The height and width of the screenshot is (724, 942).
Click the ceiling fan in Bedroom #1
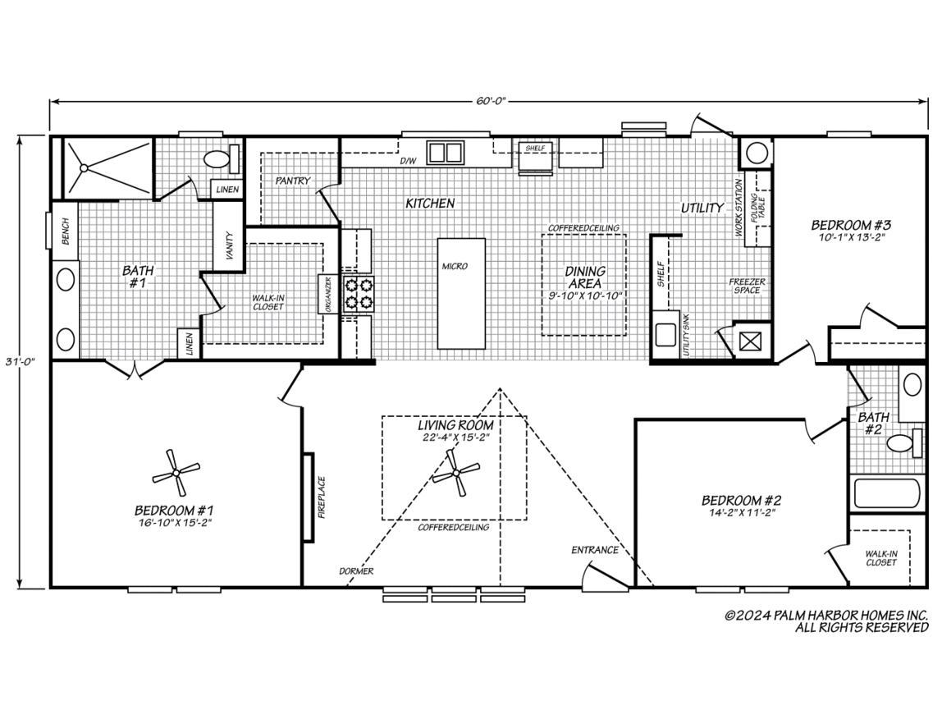coord(176,474)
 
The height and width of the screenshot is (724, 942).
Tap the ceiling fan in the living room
coord(456,474)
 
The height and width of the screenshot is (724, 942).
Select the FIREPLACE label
coord(322,497)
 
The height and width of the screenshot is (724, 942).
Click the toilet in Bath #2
coord(905,443)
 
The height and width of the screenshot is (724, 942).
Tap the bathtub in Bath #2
coord(887,493)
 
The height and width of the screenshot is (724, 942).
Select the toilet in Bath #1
coord(221,159)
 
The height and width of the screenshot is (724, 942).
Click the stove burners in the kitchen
coord(358,294)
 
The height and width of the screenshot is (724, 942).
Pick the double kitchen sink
coord(445,153)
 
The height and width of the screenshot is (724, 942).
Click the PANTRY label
coord(293,181)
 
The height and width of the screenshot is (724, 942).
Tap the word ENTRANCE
coord(595,550)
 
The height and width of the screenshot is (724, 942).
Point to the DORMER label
coord(356,570)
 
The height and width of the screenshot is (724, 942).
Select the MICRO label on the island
coord(455,266)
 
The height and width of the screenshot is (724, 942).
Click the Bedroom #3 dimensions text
coord(851,237)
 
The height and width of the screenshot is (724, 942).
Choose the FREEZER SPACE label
coord(748,286)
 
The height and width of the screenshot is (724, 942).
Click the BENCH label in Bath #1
coord(66,231)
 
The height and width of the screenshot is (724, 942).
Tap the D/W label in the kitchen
coord(408,161)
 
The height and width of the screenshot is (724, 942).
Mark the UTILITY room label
coord(702,208)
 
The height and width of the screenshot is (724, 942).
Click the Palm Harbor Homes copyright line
coord(826,616)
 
